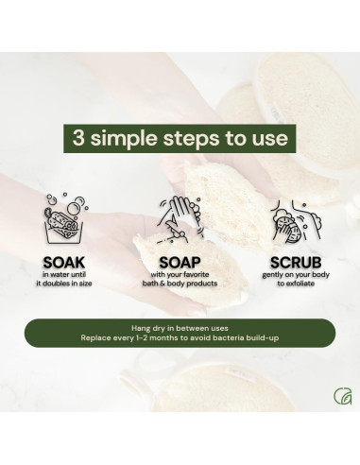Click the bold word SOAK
pyautogui.click(x=64, y=260)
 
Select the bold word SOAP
pyautogui.click(x=180, y=260)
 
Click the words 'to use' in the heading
pyautogui.click(x=259, y=139)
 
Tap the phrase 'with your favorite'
pyautogui.click(x=180, y=274)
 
